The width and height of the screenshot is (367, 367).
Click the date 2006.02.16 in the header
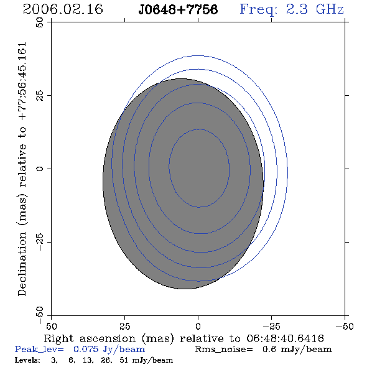click(x=63, y=9)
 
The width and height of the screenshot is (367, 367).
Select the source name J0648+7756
click(x=178, y=10)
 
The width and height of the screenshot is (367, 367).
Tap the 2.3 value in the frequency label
click(x=297, y=9)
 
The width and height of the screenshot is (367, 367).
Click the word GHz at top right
click(x=330, y=9)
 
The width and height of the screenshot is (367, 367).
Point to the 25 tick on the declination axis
click(x=40, y=96)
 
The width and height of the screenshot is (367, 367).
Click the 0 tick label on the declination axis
click(x=40, y=169)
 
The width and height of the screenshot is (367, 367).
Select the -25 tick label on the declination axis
click(x=40, y=242)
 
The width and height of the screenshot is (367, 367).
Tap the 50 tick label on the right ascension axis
click(x=51, y=327)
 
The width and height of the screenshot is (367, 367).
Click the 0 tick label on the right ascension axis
click(x=198, y=327)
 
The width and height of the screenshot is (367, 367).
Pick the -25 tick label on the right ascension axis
click(x=271, y=327)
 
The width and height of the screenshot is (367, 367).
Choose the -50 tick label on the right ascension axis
click(x=345, y=327)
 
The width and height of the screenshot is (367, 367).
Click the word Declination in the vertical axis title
click(x=22, y=264)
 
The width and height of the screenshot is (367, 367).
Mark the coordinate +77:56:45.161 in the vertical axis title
click(x=22, y=81)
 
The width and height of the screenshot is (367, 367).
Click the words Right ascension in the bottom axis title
click(x=90, y=338)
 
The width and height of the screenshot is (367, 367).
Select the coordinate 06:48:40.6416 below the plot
click(x=285, y=338)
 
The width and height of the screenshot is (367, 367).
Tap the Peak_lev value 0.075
click(x=86, y=349)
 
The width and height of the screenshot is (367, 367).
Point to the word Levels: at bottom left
click(x=27, y=360)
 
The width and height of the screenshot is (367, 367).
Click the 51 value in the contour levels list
click(x=124, y=360)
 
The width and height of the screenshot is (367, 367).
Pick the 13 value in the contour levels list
click(x=88, y=360)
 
